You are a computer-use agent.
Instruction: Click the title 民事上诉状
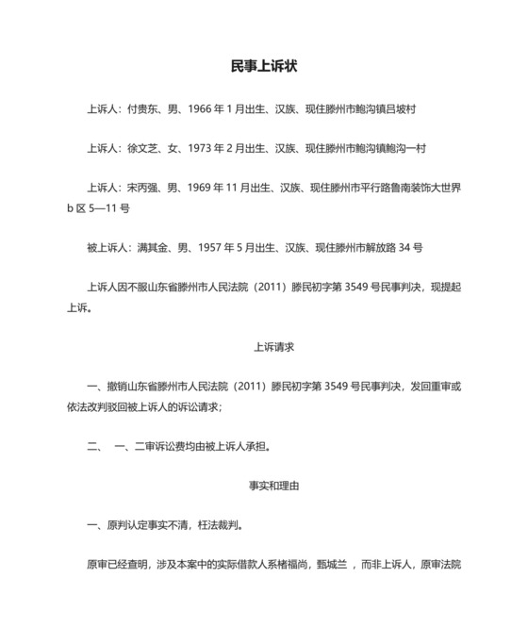pyautogui.click(x=264, y=66)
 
